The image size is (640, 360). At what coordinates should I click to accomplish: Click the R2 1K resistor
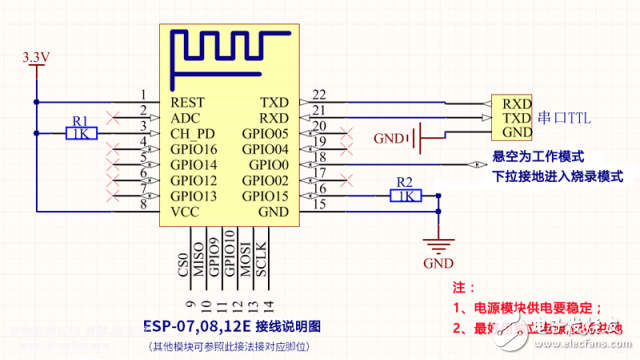click(405, 196)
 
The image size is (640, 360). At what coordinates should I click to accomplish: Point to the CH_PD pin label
click(192, 133)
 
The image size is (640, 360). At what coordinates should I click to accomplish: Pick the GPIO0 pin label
click(269, 164)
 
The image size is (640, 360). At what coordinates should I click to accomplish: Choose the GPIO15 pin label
click(265, 196)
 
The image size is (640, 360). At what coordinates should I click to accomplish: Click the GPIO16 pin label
click(194, 148)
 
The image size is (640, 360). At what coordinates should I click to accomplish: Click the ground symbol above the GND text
click(437, 244)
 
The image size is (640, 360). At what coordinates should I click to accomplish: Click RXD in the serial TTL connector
click(517, 102)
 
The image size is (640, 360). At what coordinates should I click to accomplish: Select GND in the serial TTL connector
click(517, 132)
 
